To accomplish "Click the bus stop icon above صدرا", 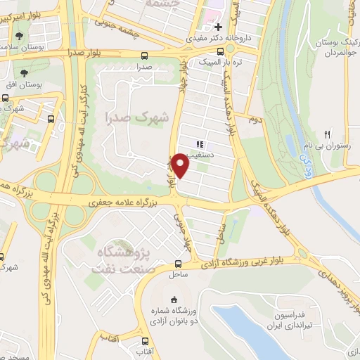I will coord(145,56).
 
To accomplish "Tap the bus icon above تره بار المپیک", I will coord(221,51).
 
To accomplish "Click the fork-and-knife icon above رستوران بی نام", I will coord(327,134).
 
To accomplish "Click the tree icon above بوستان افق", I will coord(25,73).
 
